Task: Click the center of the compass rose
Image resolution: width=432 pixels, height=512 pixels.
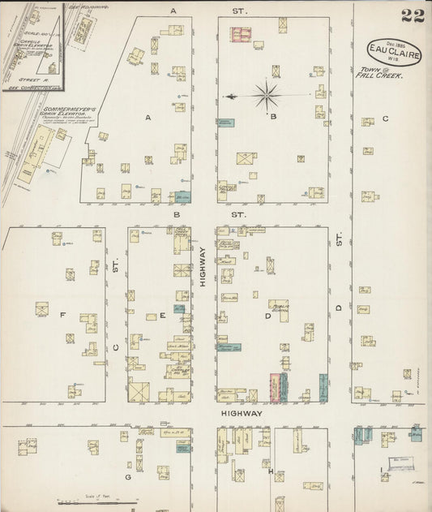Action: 265,97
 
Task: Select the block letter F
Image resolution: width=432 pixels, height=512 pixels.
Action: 62,314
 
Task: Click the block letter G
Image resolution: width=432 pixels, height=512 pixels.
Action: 128,477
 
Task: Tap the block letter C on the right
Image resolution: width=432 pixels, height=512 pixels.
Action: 385,119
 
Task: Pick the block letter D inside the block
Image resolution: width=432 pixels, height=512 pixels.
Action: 267,316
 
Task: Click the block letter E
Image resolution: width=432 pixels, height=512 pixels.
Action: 162,315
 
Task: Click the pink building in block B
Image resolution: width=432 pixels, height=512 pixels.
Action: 241,34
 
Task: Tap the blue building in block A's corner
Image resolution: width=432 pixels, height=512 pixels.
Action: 182,196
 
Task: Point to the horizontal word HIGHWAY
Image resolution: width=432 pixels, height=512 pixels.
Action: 242,413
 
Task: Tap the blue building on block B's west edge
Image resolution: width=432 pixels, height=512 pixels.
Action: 225,123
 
